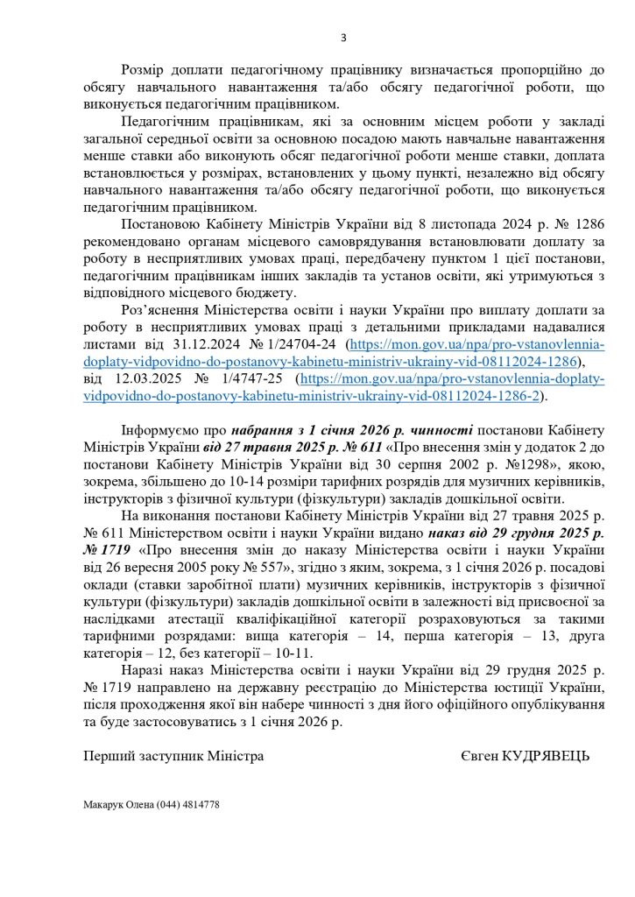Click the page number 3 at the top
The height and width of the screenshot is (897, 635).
pos(343,37)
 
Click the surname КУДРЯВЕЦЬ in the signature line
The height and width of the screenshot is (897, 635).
pos(543,755)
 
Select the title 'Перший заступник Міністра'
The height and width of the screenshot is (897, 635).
pos(173,755)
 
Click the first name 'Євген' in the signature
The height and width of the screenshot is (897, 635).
pos(477,755)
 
